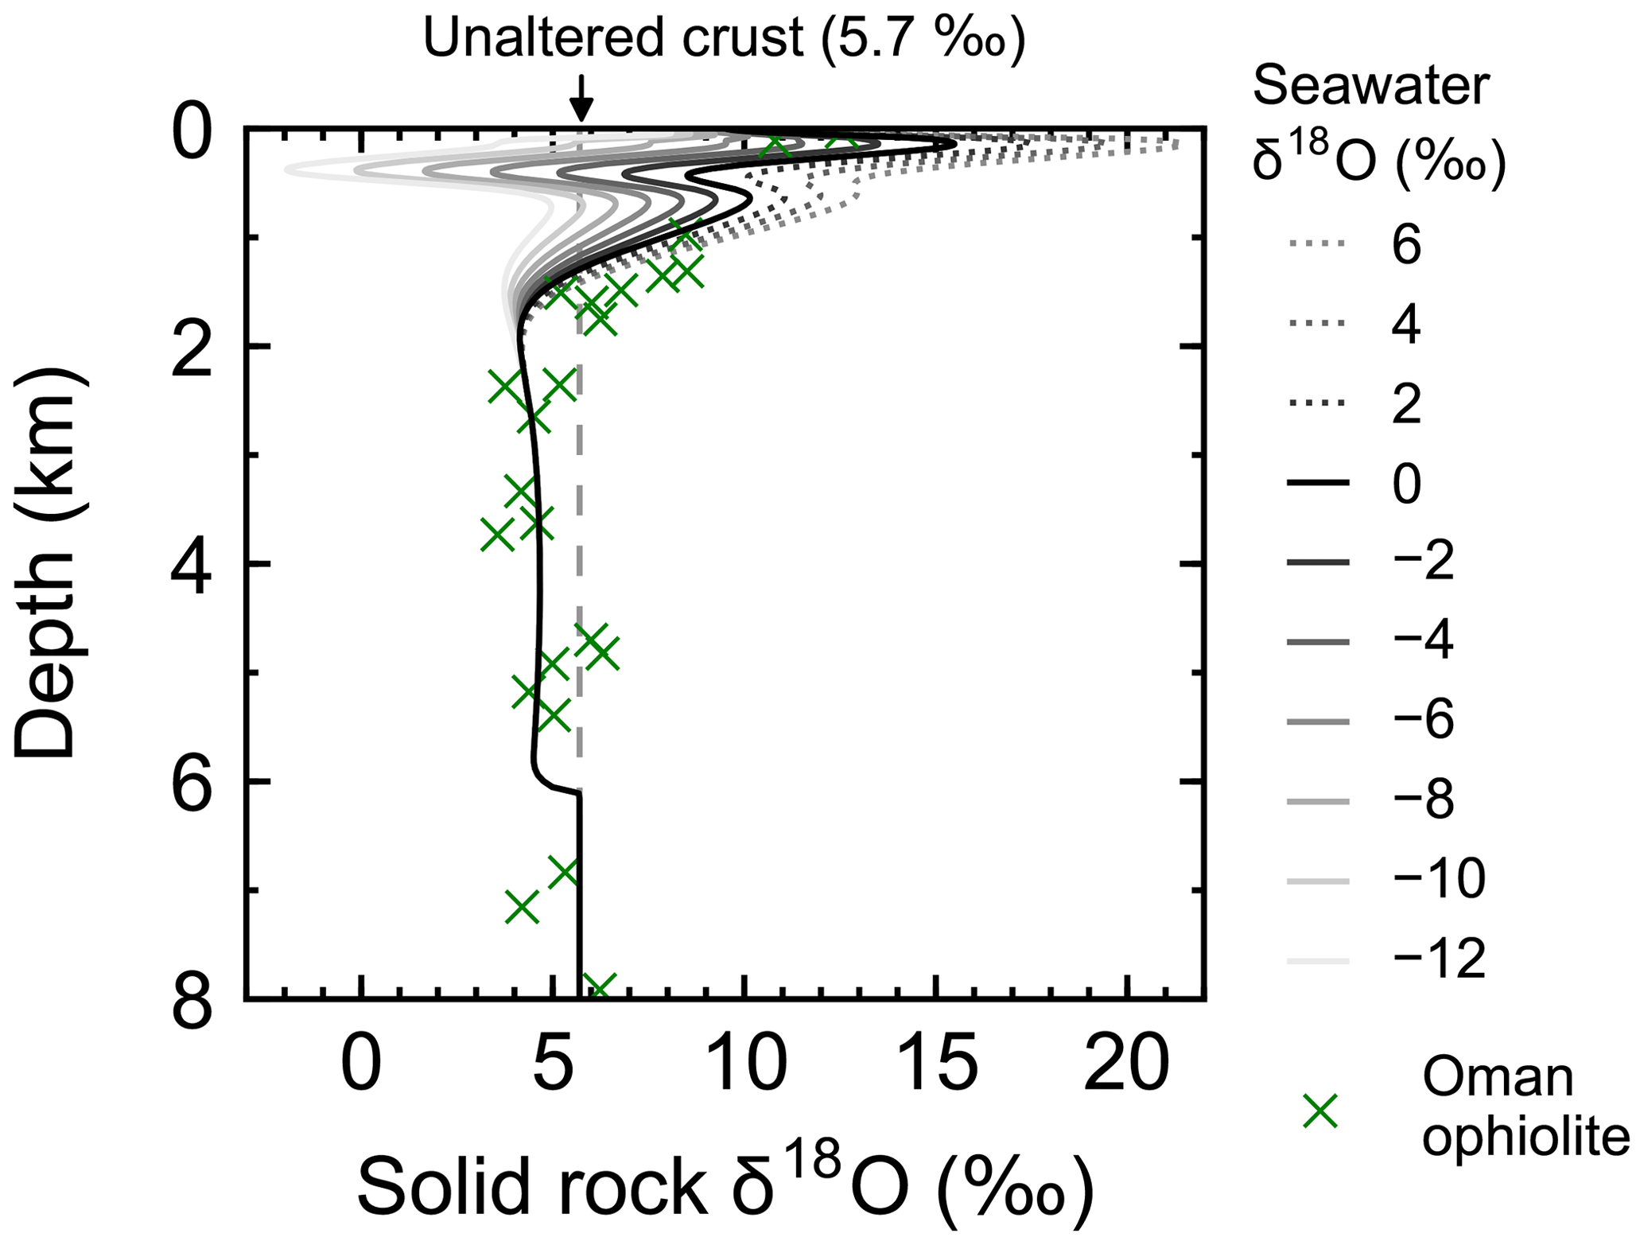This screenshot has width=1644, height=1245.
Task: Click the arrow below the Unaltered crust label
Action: [581, 99]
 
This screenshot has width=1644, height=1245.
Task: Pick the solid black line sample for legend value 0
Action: [1318, 483]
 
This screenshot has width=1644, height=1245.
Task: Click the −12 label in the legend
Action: [1439, 959]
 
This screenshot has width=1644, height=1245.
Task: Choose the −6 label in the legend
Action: [1423, 721]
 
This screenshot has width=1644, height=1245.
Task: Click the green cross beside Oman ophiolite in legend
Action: [1321, 1111]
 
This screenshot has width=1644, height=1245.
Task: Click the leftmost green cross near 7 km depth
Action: [522, 906]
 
